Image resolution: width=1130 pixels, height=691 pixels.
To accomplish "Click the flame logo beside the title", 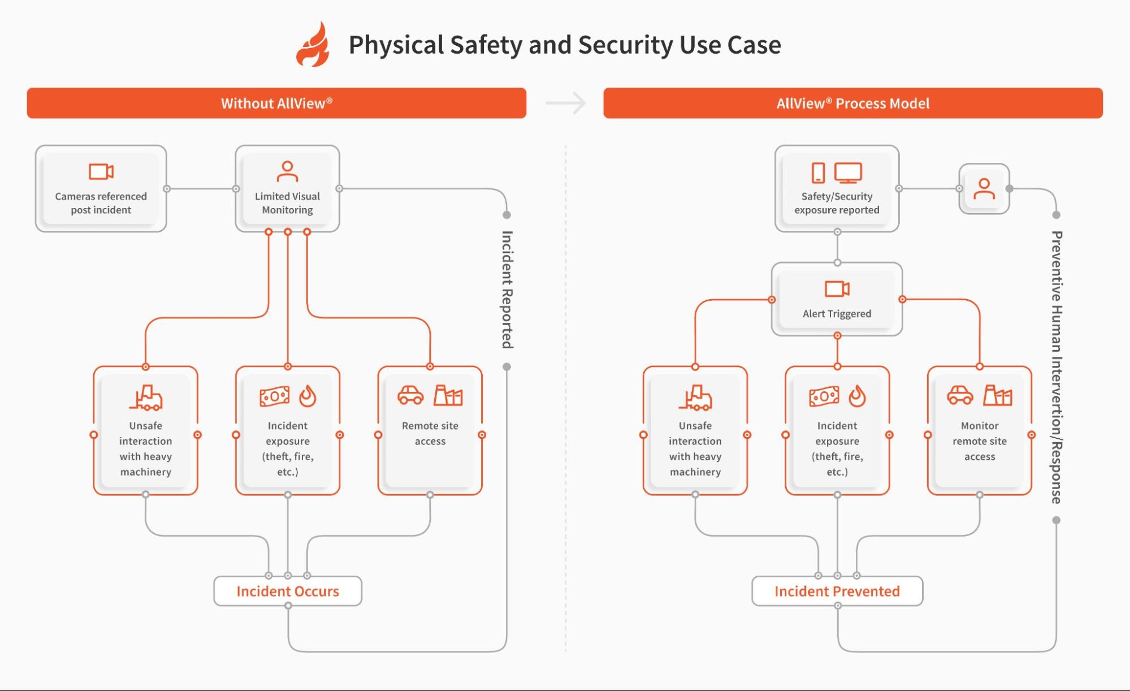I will click(x=313, y=45).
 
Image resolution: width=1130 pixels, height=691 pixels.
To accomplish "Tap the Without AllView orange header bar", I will click(x=276, y=103).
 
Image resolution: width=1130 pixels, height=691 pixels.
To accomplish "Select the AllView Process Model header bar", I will click(x=852, y=103).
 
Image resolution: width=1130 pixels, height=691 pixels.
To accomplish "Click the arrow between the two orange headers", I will click(x=566, y=103).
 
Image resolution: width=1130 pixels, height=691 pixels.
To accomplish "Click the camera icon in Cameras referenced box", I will click(x=101, y=171).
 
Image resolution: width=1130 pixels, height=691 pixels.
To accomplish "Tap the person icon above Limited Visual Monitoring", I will click(x=287, y=171).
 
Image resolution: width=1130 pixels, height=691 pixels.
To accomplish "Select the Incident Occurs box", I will click(x=288, y=591).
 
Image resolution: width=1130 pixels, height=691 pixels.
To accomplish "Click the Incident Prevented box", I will click(x=837, y=591).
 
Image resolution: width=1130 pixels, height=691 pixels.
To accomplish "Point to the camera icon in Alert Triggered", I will click(x=837, y=289).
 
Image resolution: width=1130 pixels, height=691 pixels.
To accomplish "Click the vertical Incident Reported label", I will click(x=507, y=290).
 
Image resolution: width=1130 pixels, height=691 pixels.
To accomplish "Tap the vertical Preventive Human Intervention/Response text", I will click(x=1056, y=367).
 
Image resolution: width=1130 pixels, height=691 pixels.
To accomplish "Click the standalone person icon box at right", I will click(x=984, y=189).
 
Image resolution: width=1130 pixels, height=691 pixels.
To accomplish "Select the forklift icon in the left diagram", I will click(x=146, y=398).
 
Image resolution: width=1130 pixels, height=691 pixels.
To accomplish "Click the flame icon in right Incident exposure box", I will click(x=857, y=396).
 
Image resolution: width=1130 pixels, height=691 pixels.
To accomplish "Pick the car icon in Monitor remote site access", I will click(x=960, y=395).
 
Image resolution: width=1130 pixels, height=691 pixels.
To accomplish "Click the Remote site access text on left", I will click(x=430, y=433).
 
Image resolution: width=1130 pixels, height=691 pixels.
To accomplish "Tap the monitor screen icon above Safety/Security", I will click(x=848, y=172).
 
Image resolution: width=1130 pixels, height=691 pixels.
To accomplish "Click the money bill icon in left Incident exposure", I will click(x=275, y=396).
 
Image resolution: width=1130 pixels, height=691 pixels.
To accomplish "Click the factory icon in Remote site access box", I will click(x=448, y=395).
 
